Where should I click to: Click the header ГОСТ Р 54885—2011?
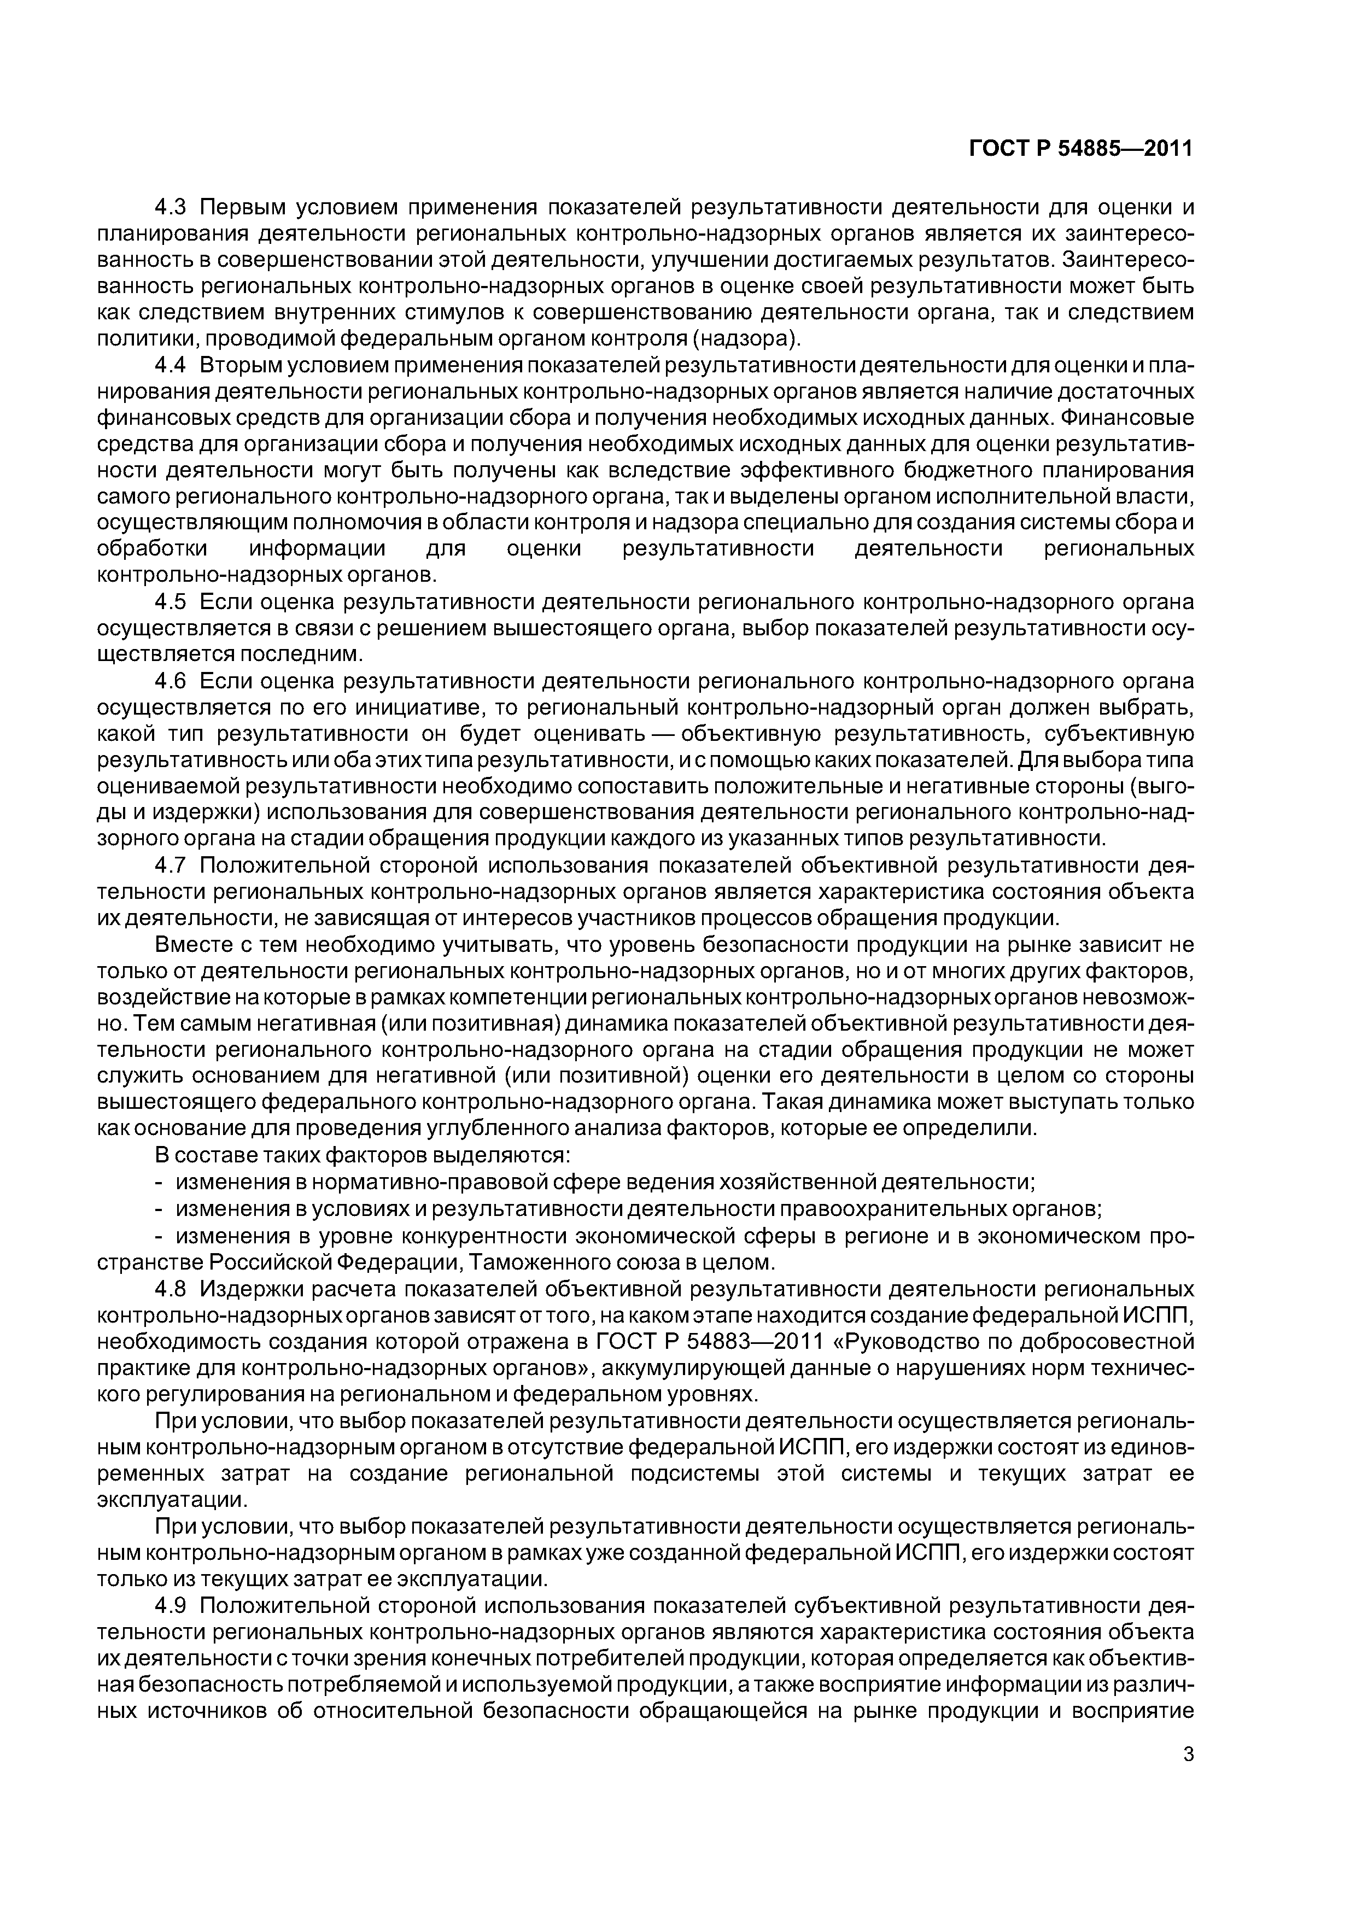(1081, 149)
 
